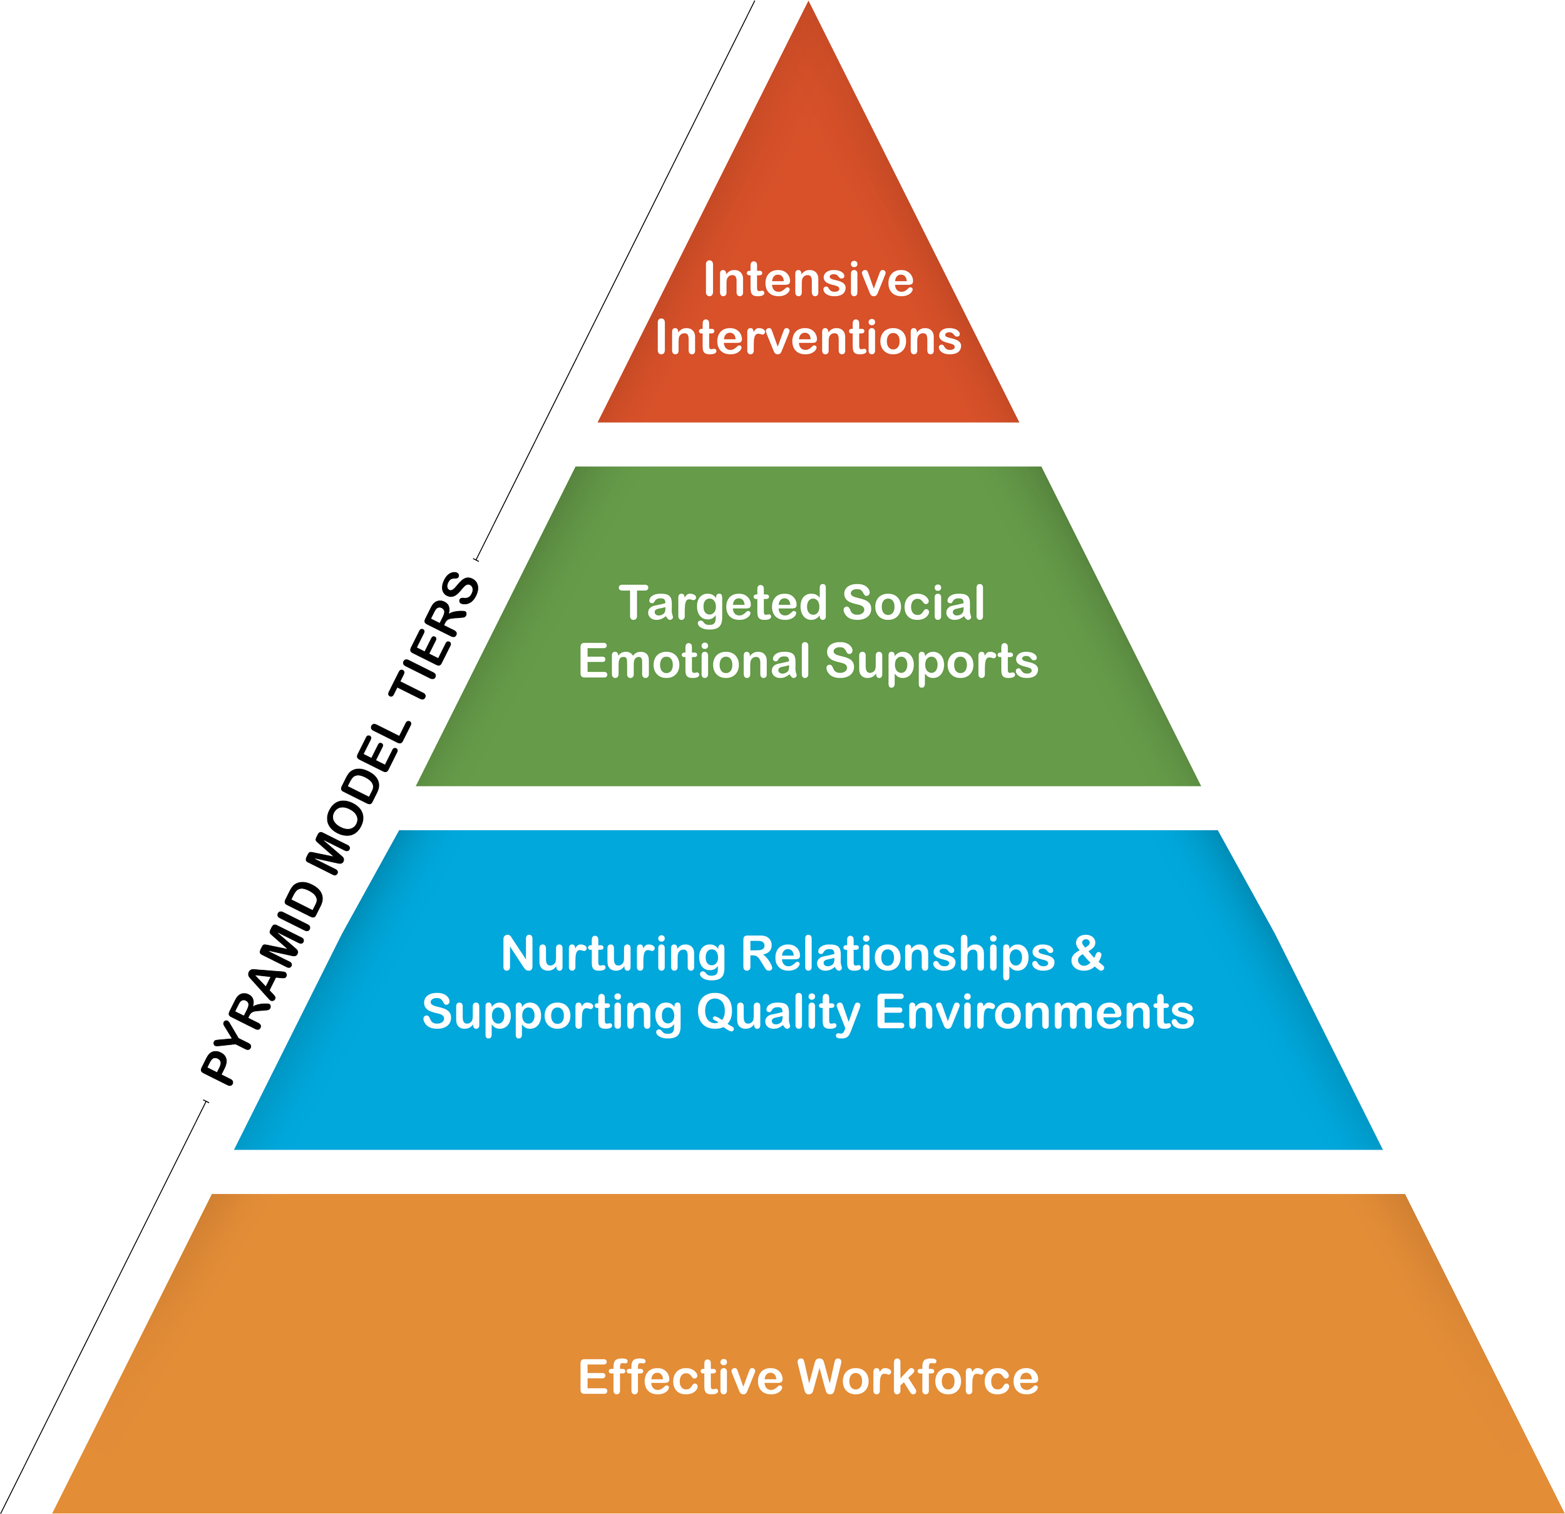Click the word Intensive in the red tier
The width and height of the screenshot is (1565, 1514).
(x=808, y=281)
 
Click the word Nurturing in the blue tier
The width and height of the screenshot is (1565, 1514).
(x=613, y=955)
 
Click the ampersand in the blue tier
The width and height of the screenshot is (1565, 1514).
(x=1087, y=954)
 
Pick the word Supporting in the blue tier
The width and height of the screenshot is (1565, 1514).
(x=551, y=1013)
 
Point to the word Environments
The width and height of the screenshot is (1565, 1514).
(x=1035, y=1012)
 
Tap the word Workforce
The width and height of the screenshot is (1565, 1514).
(x=918, y=1378)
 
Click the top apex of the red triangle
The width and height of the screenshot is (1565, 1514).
(x=808, y=6)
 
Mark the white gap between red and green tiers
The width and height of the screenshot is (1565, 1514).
(x=808, y=444)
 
